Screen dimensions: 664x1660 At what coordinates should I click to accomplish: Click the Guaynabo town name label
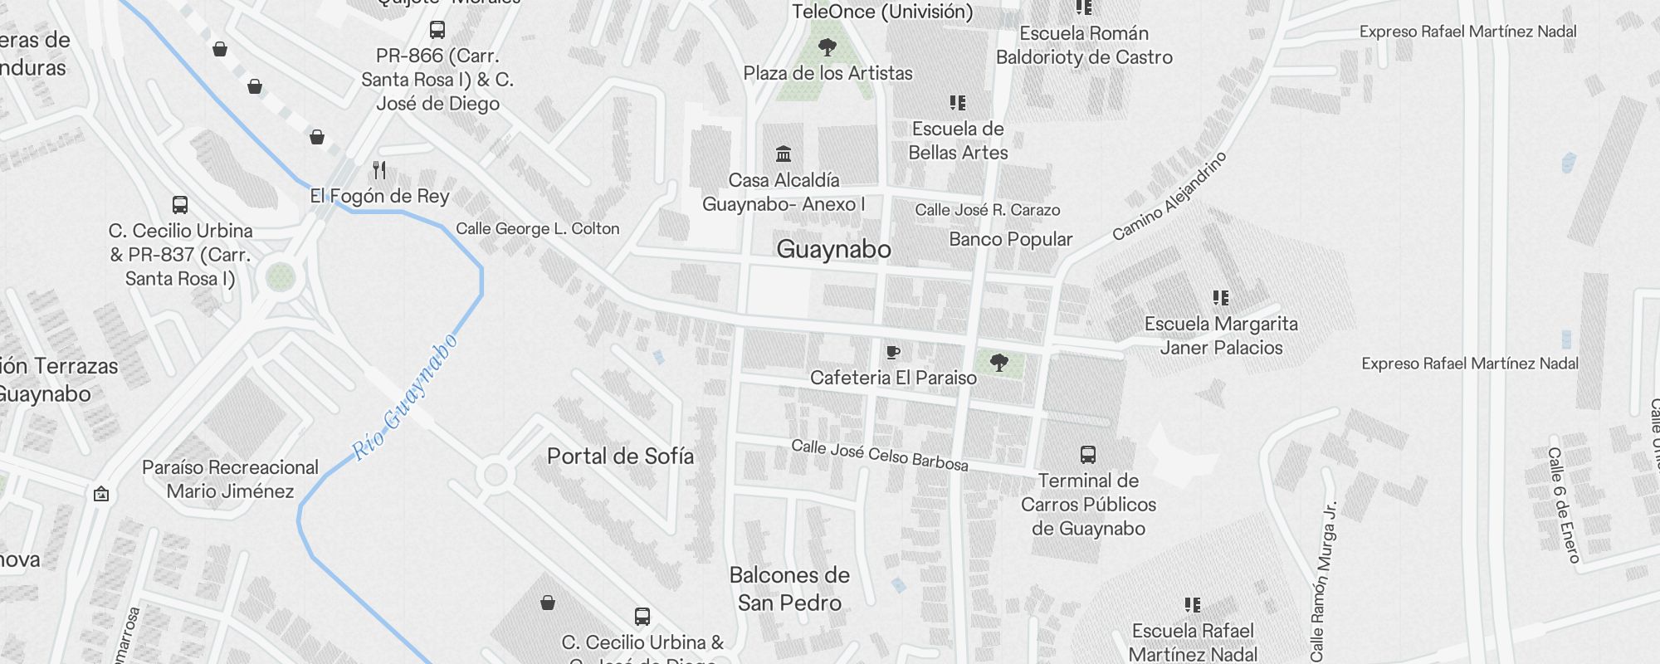click(x=833, y=249)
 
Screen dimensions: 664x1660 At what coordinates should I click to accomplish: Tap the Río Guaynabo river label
click(x=406, y=398)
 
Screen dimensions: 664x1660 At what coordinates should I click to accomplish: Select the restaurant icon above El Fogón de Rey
click(x=379, y=170)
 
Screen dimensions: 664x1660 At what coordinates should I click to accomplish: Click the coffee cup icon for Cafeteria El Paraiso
click(x=893, y=353)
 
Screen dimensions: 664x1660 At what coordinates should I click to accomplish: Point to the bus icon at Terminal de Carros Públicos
click(x=1088, y=455)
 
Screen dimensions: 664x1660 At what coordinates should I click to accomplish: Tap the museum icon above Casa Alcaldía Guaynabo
click(x=784, y=154)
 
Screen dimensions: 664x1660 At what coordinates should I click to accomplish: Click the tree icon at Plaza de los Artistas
click(x=827, y=46)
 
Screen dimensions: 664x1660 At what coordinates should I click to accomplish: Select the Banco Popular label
click(x=1010, y=239)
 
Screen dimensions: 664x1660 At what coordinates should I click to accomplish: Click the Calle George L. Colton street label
click(x=537, y=228)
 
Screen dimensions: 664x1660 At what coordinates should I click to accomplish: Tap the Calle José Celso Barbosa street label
click(x=879, y=455)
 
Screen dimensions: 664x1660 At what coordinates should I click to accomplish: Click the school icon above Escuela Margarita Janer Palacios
click(x=1220, y=298)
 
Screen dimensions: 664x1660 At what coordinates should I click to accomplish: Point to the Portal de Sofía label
click(x=620, y=456)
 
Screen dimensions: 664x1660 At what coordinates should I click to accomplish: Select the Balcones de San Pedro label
click(x=789, y=588)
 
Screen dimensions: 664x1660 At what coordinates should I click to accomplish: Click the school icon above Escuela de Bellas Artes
click(x=958, y=103)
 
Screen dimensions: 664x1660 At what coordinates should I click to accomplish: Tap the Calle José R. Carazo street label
click(x=987, y=210)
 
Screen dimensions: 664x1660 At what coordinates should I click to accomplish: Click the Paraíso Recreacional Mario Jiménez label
click(x=230, y=479)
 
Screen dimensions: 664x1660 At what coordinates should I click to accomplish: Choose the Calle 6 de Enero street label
click(x=1563, y=505)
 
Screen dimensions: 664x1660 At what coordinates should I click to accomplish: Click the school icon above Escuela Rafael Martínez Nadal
click(x=1193, y=605)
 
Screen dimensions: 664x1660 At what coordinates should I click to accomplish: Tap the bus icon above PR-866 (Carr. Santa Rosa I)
click(x=437, y=31)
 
